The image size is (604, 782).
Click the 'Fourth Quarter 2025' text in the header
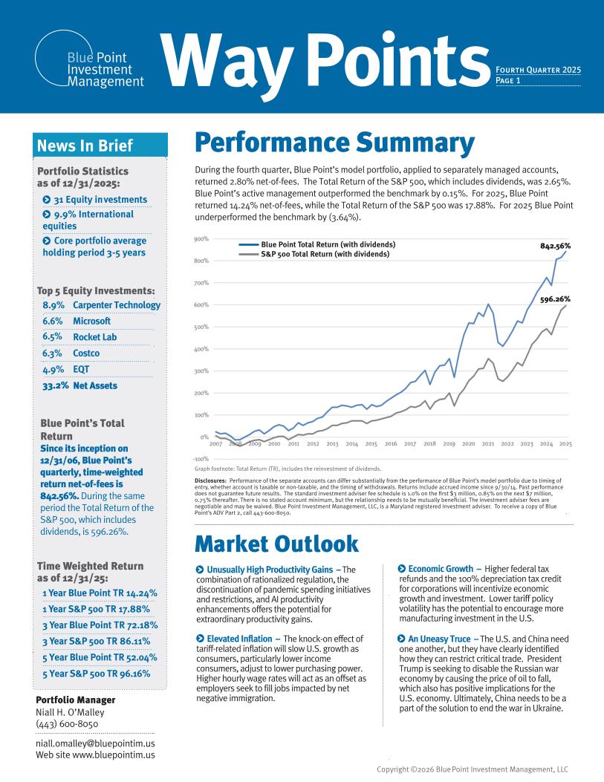(x=537, y=71)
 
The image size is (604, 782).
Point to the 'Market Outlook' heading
(x=276, y=544)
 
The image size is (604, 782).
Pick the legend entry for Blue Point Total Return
(x=328, y=244)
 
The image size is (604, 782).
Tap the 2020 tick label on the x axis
(x=468, y=443)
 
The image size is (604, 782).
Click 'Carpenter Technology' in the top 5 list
(x=117, y=305)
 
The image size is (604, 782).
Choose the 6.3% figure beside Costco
(x=52, y=353)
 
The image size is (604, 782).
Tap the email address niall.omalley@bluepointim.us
(x=95, y=743)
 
